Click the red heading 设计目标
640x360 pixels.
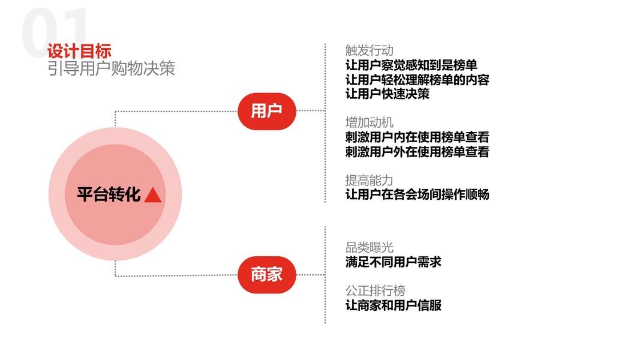click(79, 51)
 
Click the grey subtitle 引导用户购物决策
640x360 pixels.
click(111, 68)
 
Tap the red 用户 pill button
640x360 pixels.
click(266, 111)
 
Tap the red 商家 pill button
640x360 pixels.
click(266, 275)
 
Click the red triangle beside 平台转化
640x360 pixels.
click(153, 195)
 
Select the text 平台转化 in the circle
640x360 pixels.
click(109, 194)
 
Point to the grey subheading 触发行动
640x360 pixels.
click(369, 50)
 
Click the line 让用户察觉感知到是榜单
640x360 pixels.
click(411, 65)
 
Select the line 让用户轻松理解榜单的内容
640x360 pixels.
click(417, 79)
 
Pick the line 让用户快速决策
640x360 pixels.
click(387, 94)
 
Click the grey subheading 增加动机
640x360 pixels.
click(369, 123)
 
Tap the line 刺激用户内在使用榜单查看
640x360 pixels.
click(417, 137)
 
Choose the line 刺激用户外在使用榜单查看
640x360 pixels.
click(417, 152)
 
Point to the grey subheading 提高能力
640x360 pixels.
click(369, 180)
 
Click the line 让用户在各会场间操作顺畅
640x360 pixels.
click(417, 194)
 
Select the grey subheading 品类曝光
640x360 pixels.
click(369, 247)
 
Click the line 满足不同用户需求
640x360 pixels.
click(393, 262)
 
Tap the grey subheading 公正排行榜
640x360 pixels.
click(375, 290)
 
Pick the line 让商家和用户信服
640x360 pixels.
click(393, 305)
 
